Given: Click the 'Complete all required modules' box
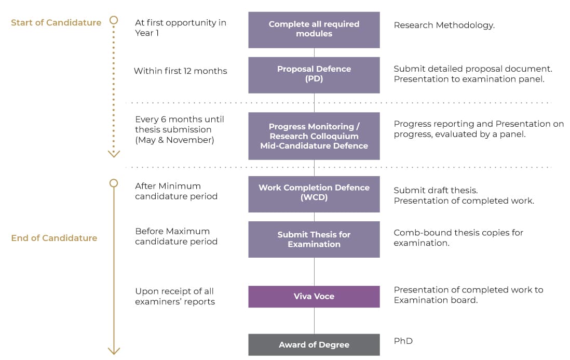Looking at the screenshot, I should (314, 29).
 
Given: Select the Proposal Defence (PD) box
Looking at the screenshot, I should (314, 74).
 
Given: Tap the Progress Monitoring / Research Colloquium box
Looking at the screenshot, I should (314, 136).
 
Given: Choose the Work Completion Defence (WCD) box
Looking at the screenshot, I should (314, 193).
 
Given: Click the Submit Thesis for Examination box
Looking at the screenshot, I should (314, 239).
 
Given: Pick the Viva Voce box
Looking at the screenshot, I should (314, 296).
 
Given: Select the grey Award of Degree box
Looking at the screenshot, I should (314, 344).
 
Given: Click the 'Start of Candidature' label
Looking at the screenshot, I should (56, 22).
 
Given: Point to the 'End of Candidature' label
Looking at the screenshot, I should (54, 238).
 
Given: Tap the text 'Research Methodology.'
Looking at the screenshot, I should (444, 25).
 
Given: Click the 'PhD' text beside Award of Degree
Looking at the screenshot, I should (403, 341).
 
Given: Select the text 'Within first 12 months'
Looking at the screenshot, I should (180, 71).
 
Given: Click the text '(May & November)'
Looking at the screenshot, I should (174, 140).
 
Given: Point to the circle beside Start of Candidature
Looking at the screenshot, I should (114, 21).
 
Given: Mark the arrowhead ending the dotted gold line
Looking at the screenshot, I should (114, 153).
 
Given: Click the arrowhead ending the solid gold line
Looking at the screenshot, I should (114, 351).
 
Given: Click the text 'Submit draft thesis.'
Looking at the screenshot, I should (436, 190).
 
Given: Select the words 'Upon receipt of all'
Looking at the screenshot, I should (174, 291).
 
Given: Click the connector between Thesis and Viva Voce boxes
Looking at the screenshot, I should (314, 272).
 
